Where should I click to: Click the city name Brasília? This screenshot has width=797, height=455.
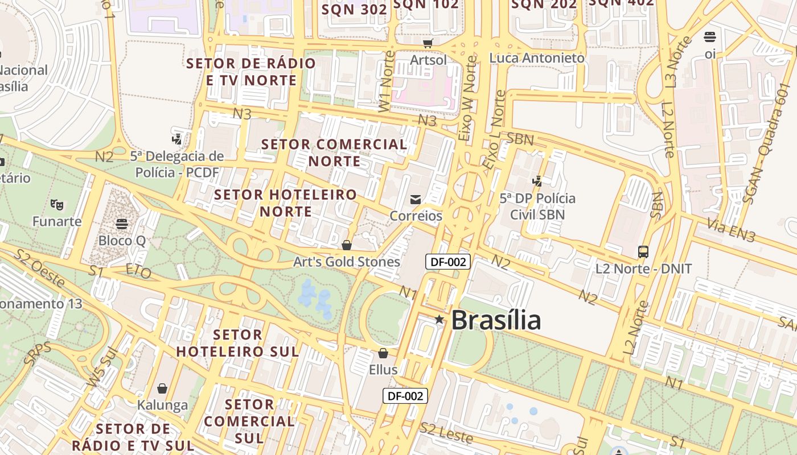click(x=495, y=320)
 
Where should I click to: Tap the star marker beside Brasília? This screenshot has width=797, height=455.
click(x=439, y=319)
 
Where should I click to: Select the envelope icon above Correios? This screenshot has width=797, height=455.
click(x=416, y=199)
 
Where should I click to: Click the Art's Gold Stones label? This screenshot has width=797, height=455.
click(x=346, y=262)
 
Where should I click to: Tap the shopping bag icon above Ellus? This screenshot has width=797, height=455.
click(x=383, y=353)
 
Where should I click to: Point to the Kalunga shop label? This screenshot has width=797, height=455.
click(x=162, y=405)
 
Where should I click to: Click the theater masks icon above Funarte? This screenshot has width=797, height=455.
click(x=56, y=204)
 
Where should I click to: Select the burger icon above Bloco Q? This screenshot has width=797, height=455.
click(x=121, y=224)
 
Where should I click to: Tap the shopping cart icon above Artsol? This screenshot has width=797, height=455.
click(x=428, y=43)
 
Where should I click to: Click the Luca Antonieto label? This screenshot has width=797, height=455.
click(x=537, y=58)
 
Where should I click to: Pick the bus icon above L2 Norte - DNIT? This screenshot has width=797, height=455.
click(x=643, y=251)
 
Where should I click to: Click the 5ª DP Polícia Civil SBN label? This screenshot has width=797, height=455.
click(x=537, y=206)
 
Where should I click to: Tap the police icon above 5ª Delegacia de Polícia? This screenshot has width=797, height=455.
click(x=177, y=138)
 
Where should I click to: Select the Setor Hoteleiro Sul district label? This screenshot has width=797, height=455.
click(x=237, y=343)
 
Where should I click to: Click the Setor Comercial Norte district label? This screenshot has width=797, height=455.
click(x=334, y=152)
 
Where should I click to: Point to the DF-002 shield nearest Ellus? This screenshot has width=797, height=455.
click(x=405, y=396)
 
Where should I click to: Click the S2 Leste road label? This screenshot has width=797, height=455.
click(x=447, y=433)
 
